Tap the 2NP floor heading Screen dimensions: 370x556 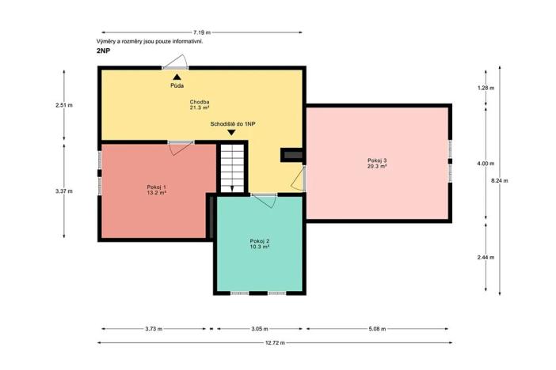103,51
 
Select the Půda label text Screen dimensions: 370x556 177,85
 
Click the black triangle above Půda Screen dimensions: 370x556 177,76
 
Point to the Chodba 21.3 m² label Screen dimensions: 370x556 198,105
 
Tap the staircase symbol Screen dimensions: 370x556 232,168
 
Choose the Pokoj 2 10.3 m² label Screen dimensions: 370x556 260,244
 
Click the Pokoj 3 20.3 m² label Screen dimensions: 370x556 377,164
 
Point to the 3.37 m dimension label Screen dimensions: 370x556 63,191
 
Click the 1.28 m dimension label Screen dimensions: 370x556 485,87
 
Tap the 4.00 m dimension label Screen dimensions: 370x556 485,164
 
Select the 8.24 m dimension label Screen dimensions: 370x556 500,181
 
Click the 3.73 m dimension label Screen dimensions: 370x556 155,327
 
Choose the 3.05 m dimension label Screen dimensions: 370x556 259,327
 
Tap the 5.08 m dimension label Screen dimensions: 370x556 378,327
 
